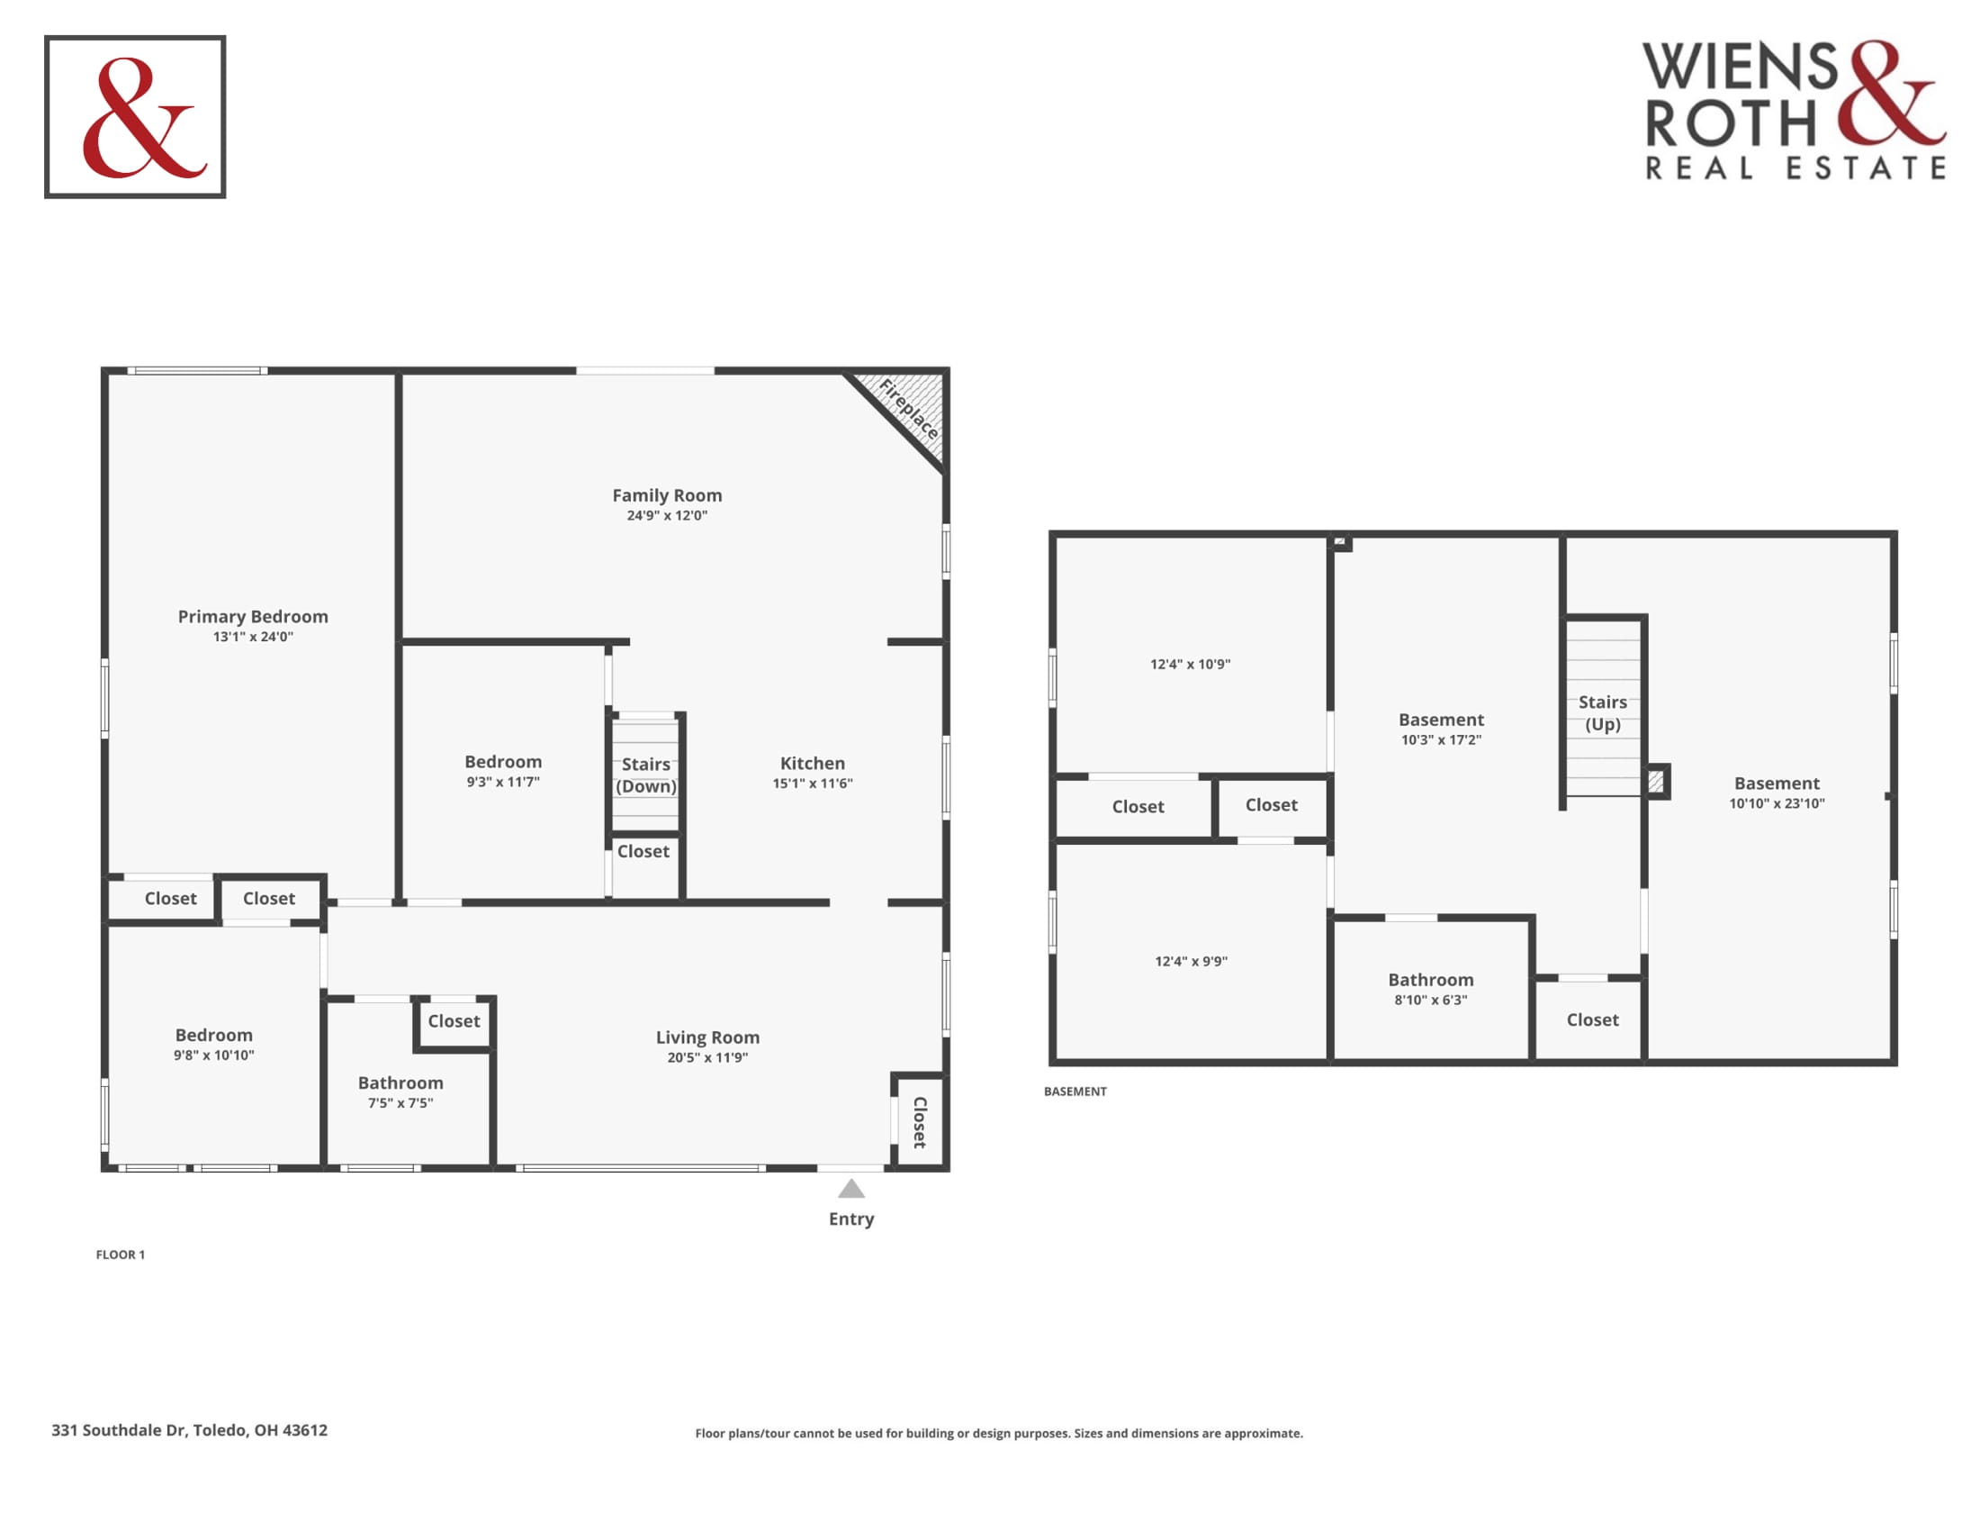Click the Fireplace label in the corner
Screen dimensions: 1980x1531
(908, 409)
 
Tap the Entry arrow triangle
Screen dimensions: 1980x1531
(850, 1188)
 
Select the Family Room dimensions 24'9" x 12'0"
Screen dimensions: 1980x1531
(667, 515)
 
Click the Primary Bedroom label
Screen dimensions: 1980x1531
(253, 617)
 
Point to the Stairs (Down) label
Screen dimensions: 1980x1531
(645, 775)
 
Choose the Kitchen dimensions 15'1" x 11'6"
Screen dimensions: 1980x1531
(813, 783)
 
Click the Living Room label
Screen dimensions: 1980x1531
(708, 1037)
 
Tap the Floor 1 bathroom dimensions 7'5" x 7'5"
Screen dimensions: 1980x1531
(400, 1103)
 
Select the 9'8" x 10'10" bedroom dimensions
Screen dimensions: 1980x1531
(214, 1055)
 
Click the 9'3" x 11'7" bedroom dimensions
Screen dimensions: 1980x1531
(503, 782)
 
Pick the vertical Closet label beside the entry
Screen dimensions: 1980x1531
(919, 1123)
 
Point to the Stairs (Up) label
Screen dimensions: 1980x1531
(1603, 713)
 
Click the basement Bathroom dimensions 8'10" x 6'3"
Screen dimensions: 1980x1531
(1431, 1000)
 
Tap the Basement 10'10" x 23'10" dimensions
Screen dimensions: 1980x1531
(1777, 802)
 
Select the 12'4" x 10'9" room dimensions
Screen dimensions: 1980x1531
(1191, 664)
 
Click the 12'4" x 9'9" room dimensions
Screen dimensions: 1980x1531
(1192, 962)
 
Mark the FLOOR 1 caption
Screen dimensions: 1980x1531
(121, 1255)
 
